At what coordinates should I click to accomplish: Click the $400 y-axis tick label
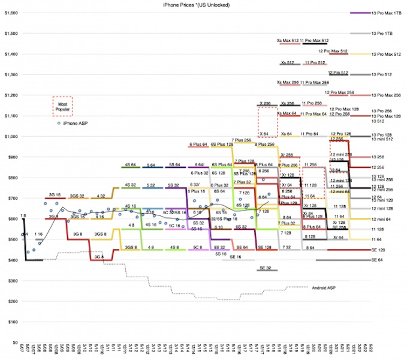tap(10, 260)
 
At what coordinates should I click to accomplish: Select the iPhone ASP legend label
tap(76, 123)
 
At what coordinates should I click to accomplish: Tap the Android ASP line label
tap(324, 288)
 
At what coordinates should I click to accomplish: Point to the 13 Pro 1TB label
tap(384, 33)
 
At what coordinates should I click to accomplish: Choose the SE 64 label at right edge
tap(377, 260)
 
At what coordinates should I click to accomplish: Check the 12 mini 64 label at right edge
tap(382, 219)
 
